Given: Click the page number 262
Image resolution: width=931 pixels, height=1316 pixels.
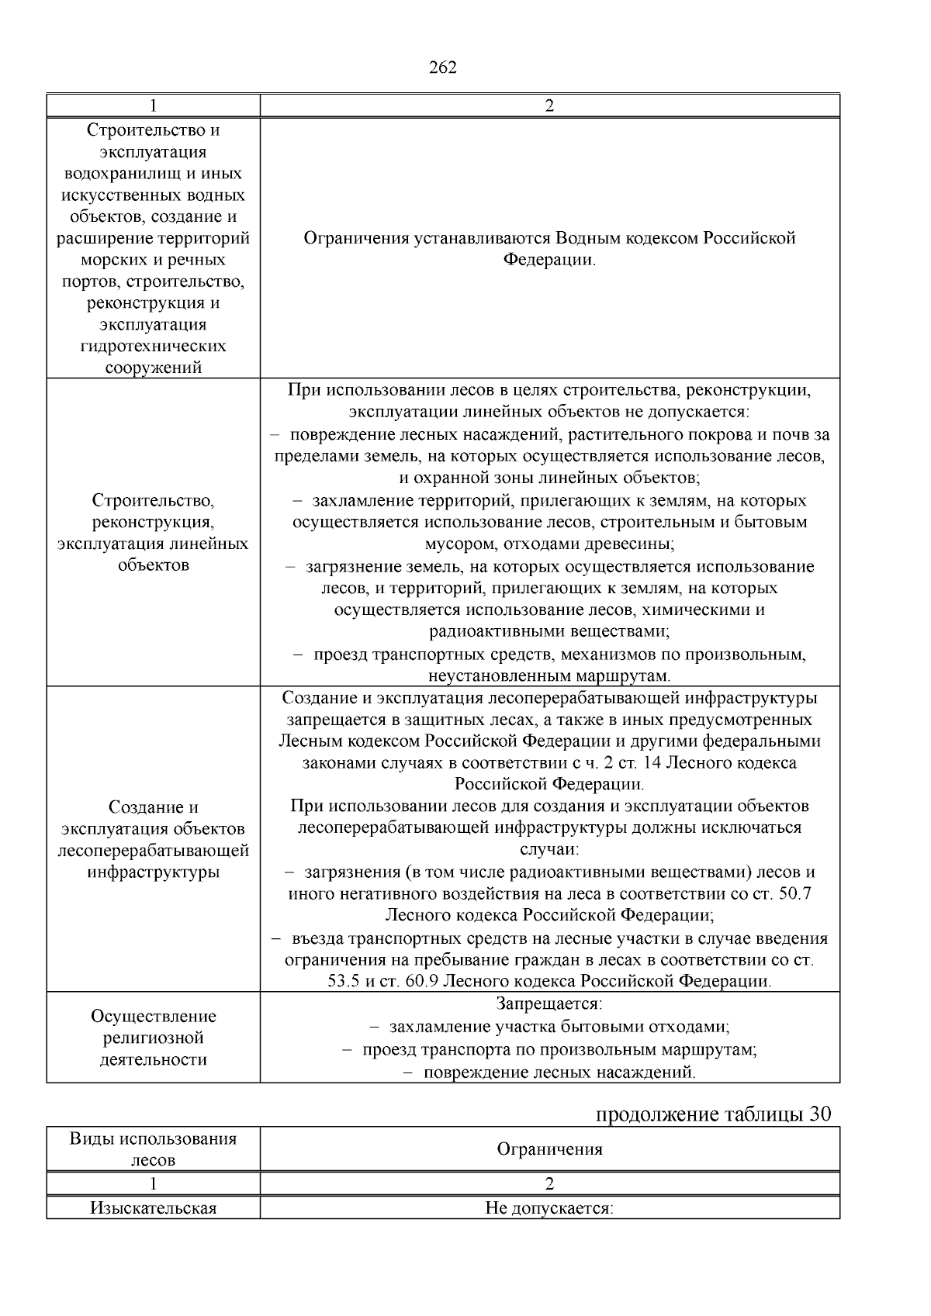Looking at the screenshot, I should [443, 67].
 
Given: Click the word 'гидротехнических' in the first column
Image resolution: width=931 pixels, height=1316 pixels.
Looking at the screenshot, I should [154, 346].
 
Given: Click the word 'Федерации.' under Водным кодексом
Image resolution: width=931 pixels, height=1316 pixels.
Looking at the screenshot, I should [549, 259].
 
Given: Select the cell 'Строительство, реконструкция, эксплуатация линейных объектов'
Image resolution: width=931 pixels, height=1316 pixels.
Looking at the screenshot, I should [154, 532].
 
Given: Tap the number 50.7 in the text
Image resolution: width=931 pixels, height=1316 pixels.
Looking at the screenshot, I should [794, 893].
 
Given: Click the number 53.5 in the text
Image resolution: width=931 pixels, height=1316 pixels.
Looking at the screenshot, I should [344, 981].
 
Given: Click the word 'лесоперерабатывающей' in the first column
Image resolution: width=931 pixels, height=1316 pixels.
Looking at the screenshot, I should [154, 851].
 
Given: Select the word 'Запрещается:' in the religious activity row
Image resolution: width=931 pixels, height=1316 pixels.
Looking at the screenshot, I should [549, 1004].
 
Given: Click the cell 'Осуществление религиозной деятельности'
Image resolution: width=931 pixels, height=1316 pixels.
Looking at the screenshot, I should [154, 1038].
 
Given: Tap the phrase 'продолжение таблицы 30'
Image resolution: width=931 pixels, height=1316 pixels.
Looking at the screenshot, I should [713, 1114].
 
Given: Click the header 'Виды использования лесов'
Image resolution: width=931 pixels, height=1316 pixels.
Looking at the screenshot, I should [154, 1149].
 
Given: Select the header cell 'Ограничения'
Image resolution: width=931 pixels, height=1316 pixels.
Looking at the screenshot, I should [549, 1149].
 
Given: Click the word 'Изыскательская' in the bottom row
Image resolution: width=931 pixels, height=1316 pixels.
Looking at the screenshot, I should [154, 1208].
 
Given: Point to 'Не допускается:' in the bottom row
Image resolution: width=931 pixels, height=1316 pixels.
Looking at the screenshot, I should [549, 1208].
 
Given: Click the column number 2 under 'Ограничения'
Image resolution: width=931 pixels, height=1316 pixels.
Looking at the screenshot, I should [549, 1184].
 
